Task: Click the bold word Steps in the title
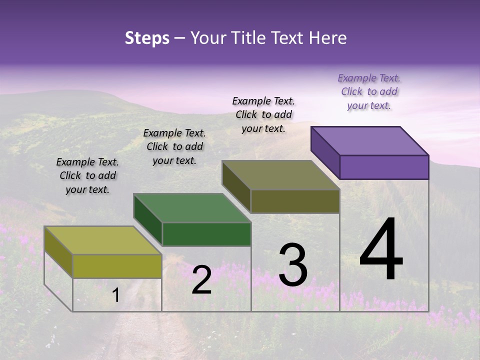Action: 147,38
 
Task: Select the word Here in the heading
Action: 327,38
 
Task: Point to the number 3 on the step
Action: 293,265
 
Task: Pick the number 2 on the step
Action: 201,280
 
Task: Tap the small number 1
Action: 115,295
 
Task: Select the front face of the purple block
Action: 384,167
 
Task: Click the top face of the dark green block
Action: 192,208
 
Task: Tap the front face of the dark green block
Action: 206,234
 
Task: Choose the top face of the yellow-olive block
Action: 103,240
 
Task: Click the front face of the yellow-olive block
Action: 117,266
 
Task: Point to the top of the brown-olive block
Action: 281,175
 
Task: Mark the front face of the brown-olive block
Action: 295,201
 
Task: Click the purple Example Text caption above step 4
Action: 369,92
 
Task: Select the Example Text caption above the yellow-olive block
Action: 87,175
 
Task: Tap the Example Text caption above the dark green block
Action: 174,146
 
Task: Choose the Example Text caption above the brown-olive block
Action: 263,114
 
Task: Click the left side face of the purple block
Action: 325,152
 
